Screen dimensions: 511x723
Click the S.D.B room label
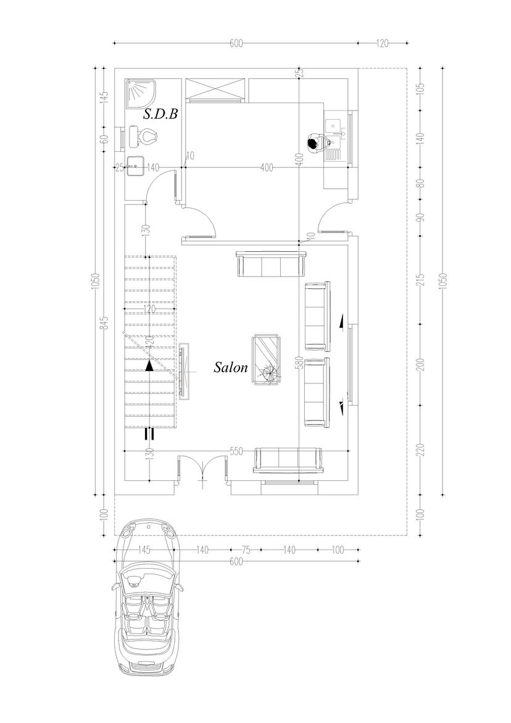[160, 114]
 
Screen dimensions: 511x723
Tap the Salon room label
[231, 367]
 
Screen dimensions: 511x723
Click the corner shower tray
[141, 94]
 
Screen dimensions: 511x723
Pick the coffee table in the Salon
[267, 360]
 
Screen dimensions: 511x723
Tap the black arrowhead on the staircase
[149, 366]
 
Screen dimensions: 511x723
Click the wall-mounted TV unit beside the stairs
[185, 371]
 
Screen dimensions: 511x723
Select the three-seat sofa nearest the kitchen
[271, 264]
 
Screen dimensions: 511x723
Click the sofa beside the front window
[288, 460]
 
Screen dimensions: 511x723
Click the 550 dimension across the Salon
[236, 451]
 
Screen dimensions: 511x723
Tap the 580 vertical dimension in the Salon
[299, 363]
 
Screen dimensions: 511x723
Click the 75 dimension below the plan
[246, 550]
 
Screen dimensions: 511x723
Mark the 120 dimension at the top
[383, 43]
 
